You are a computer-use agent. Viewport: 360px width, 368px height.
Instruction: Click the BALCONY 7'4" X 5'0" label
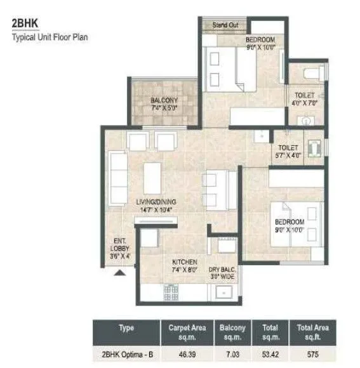click(x=164, y=104)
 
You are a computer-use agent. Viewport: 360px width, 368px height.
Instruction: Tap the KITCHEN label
click(x=184, y=265)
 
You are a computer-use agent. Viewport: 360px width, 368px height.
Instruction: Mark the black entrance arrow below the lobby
click(x=118, y=273)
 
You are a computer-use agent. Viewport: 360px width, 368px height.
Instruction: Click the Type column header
click(x=126, y=328)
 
